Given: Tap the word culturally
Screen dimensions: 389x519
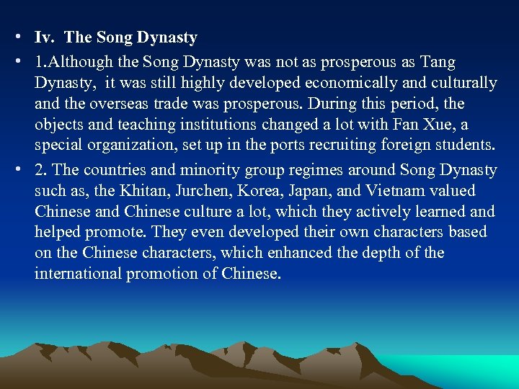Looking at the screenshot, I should [460, 84].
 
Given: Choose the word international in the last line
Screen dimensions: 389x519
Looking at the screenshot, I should [80, 274].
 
